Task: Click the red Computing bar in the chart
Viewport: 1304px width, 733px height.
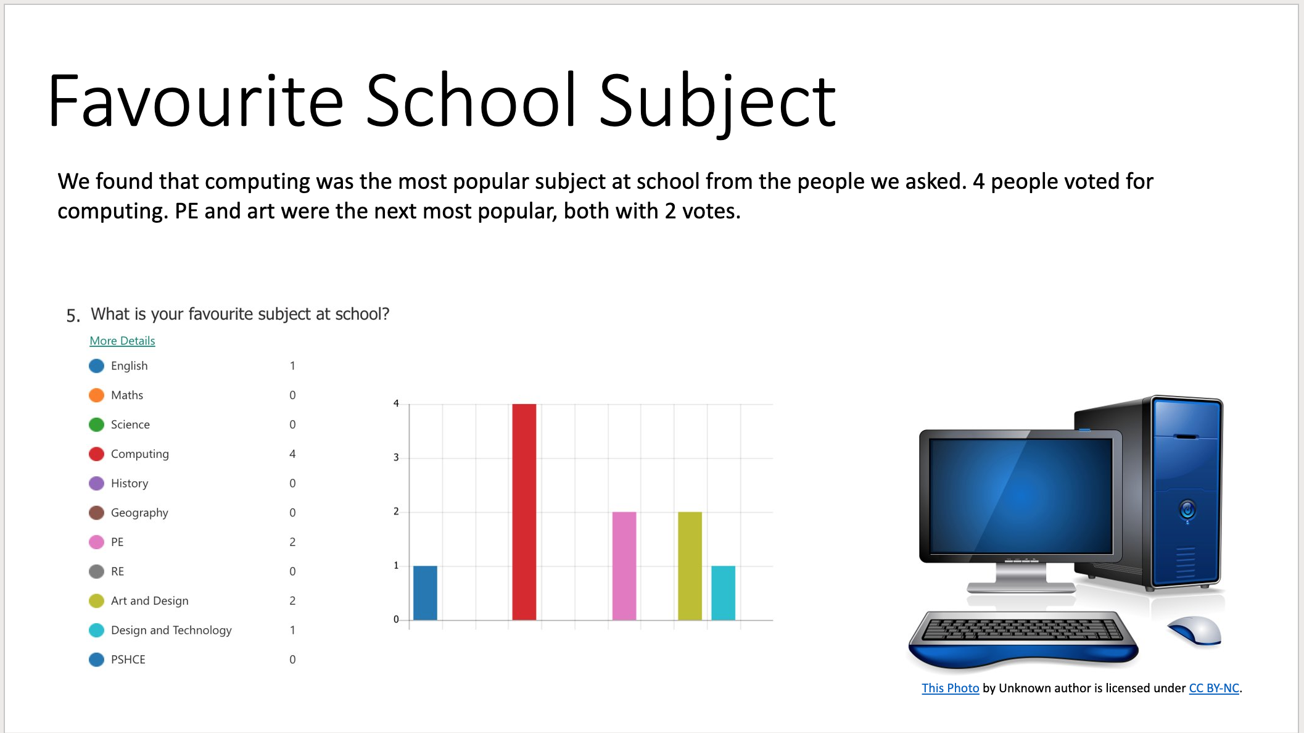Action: pyautogui.click(x=524, y=511)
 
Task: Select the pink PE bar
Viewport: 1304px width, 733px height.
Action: pyautogui.click(x=624, y=566)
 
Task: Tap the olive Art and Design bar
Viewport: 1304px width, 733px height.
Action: pyautogui.click(x=690, y=566)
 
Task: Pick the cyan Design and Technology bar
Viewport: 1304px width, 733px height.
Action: pyautogui.click(x=723, y=593)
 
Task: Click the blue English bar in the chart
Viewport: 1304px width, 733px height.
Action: pyautogui.click(x=425, y=593)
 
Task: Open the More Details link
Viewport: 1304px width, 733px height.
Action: pyautogui.click(x=122, y=341)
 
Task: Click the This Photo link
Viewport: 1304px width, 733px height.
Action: pyautogui.click(x=950, y=688)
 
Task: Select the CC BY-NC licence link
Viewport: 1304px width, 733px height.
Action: pyautogui.click(x=1214, y=688)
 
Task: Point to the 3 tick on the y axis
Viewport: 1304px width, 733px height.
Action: pyautogui.click(x=396, y=457)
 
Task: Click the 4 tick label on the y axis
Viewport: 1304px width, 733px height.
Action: pyautogui.click(x=396, y=404)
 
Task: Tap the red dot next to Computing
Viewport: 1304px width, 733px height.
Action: pyautogui.click(x=96, y=454)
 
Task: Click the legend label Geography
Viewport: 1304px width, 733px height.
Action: pyautogui.click(x=139, y=513)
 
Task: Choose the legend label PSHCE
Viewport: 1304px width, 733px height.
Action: pyautogui.click(x=128, y=660)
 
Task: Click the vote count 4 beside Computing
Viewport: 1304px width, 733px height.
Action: pyautogui.click(x=292, y=454)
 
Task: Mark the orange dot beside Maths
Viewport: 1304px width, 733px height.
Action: pyautogui.click(x=96, y=395)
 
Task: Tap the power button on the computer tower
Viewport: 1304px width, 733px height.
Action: pyautogui.click(x=1187, y=510)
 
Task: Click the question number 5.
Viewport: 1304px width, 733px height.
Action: pyautogui.click(x=73, y=316)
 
